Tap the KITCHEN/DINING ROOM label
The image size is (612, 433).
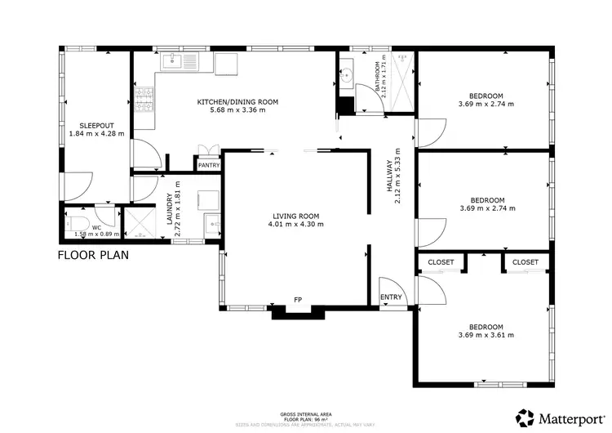(237, 101)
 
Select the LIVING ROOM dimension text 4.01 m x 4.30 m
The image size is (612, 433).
(295, 224)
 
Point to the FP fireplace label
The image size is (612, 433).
(299, 300)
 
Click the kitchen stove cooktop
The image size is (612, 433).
(145, 100)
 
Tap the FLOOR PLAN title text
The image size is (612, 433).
(92, 255)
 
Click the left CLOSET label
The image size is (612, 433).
(441, 262)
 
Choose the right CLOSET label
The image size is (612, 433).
(526, 262)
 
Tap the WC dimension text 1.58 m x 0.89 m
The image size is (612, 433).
(96, 234)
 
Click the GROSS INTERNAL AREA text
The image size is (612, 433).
(304, 414)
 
